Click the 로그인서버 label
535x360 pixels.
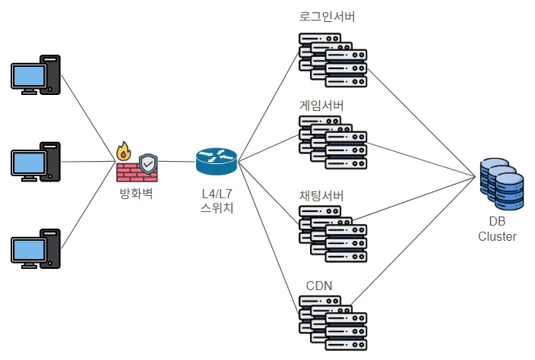point(328,17)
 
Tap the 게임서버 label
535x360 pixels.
point(321,106)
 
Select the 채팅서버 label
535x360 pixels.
point(321,196)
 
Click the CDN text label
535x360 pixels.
point(319,286)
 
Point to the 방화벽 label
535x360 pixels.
point(136,194)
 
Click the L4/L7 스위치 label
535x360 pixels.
point(217,201)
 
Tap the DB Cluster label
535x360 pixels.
point(497,229)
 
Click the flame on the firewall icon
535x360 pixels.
point(124,151)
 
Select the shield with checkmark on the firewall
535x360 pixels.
point(148,164)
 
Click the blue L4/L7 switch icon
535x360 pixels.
point(217,161)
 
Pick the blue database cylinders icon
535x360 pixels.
point(502,184)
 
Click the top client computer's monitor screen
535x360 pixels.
point(29,76)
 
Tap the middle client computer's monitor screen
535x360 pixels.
point(29,163)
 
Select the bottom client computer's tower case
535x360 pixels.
point(50,248)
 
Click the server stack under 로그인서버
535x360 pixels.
point(333,60)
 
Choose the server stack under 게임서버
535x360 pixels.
point(333,143)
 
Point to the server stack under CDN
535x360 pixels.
point(333,324)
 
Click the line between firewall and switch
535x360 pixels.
point(177,161)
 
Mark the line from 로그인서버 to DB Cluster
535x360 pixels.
point(421,123)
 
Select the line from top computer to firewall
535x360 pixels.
point(88,118)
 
